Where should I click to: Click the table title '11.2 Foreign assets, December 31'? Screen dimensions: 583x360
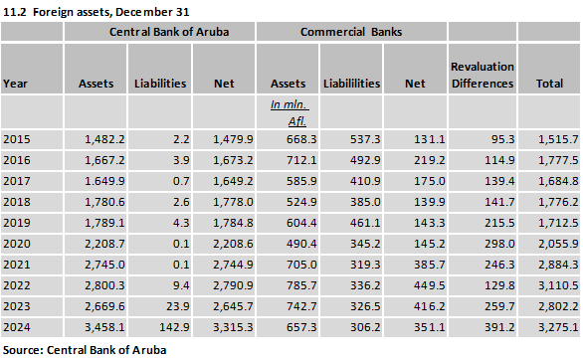coord(97,12)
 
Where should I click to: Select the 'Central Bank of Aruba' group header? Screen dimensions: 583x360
coord(169,32)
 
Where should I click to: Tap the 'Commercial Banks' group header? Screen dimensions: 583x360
coord(351,32)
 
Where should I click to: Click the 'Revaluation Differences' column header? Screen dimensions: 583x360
coord(483,75)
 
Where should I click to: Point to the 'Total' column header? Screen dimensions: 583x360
coord(549,84)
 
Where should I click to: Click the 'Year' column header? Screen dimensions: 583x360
coord(15,84)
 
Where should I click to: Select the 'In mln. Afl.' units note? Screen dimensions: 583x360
coord(290,113)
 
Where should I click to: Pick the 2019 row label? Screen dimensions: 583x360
coord(17,223)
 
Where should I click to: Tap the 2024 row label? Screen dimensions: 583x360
coord(17,327)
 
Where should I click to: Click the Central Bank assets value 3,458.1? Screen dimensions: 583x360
coord(104,327)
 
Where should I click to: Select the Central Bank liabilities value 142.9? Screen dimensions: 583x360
coord(174,327)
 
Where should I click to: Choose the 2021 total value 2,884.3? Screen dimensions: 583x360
coord(558,265)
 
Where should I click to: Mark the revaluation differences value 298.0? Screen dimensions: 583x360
coord(499,244)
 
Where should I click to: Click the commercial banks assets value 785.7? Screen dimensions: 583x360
coord(301,285)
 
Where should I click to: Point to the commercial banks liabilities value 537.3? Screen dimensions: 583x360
coord(365,139)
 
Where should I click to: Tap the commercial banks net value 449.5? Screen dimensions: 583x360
coord(430,285)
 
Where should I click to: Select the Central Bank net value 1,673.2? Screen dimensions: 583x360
coord(233,160)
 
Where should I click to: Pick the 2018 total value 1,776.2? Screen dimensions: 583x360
coord(558,202)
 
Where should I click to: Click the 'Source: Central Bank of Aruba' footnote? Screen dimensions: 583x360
coord(85,350)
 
